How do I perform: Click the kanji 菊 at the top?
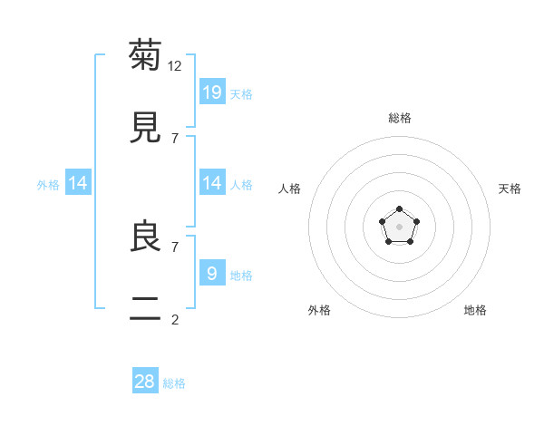pyautogui.click(x=146, y=55)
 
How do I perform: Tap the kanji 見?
pyautogui.click(x=146, y=127)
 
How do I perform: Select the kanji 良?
pyautogui.click(x=146, y=236)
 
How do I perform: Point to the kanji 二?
pyautogui.click(x=146, y=309)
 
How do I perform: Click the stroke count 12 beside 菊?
pyautogui.click(x=175, y=66)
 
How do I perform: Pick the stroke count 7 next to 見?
pyautogui.click(x=175, y=138)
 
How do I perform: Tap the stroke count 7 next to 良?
pyautogui.click(x=175, y=246)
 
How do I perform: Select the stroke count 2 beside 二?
pyautogui.click(x=175, y=319)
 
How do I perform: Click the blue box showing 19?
pyautogui.click(x=212, y=92)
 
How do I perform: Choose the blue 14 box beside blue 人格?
pyautogui.click(x=212, y=183)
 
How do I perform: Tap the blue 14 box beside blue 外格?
pyautogui.click(x=78, y=183)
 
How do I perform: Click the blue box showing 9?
pyautogui.click(x=212, y=273)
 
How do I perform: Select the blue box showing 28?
pyautogui.click(x=145, y=381)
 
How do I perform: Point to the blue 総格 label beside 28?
pyautogui.click(x=175, y=383)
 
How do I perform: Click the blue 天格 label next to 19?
pyautogui.click(x=241, y=94)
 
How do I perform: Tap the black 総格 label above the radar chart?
pyautogui.click(x=399, y=118)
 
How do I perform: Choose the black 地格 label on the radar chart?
pyautogui.click(x=475, y=310)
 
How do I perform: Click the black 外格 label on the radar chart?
pyautogui.click(x=319, y=310)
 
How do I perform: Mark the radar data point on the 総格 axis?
pyautogui.click(x=399, y=209)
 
